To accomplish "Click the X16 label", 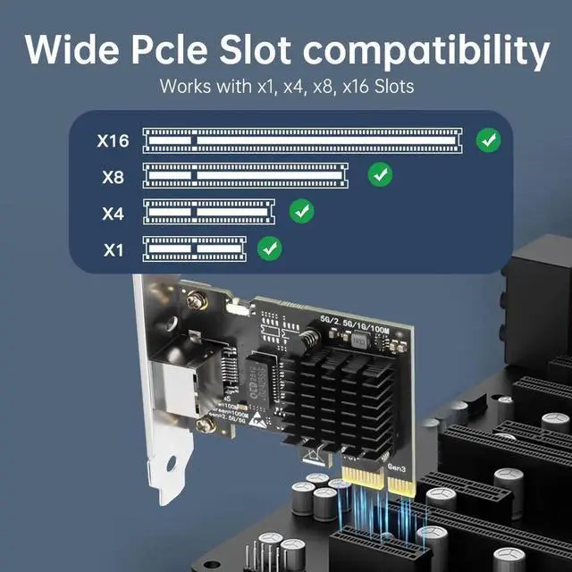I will pyautogui.click(x=114, y=140).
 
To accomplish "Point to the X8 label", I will pyautogui.click(x=113, y=177).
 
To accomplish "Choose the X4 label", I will pyautogui.click(x=113, y=214).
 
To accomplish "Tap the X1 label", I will pyautogui.click(x=113, y=249).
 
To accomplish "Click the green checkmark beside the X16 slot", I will pyautogui.click(x=488, y=139).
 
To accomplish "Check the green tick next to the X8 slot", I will pyautogui.click(x=381, y=174).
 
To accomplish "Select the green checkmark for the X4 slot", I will pyautogui.click(x=303, y=212).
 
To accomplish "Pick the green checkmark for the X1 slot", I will pyautogui.click(x=268, y=248).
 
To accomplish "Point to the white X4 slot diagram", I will pyautogui.click(x=209, y=212).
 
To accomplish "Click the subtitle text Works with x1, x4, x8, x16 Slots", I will pyautogui.click(x=286, y=88).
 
